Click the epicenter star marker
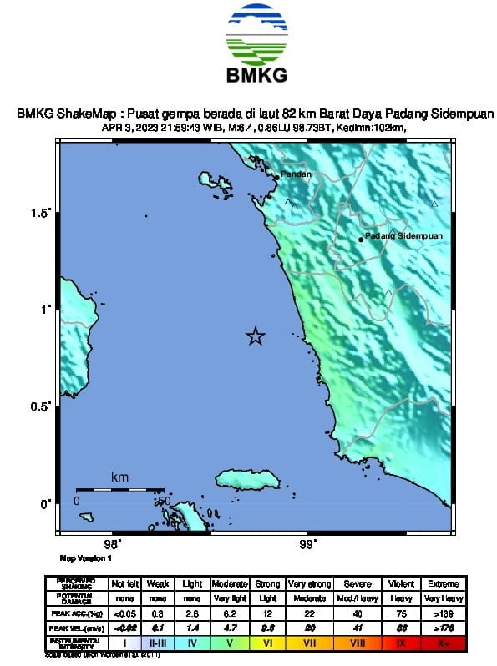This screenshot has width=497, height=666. click(256, 336)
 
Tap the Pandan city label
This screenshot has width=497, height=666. click(296, 174)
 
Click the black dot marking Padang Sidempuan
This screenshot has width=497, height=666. click(361, 240)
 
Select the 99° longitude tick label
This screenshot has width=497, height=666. click(307, 545)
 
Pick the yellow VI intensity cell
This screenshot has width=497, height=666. click(268, 643)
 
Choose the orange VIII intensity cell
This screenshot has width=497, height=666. click(357, 643)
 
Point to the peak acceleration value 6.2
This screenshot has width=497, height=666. click(226, 613)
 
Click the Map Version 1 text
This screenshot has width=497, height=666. click(84, 558)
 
